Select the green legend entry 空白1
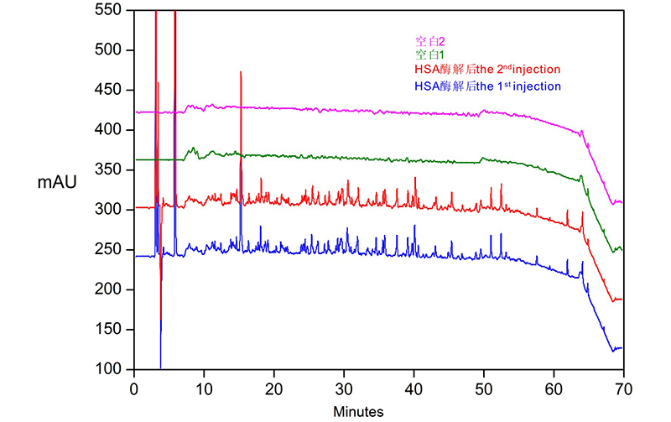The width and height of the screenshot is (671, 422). pos(429,55)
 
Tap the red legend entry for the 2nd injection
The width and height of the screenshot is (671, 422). pos(486,69)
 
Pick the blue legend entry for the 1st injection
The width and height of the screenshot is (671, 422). pos(486,86)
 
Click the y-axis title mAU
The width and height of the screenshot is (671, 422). pos(57,181)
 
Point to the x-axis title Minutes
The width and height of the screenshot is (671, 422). pos(358,412)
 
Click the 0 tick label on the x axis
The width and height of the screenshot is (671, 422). pos(134,388)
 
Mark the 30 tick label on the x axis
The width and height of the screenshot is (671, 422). pos(344,388)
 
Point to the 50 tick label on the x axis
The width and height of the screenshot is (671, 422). pos(483,388)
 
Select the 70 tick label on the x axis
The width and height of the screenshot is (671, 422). pos(622,388)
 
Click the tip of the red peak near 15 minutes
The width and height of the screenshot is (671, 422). pos(241,72)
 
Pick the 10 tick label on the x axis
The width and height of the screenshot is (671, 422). pos(204,388)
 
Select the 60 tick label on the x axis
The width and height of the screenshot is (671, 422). pos(553,388)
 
